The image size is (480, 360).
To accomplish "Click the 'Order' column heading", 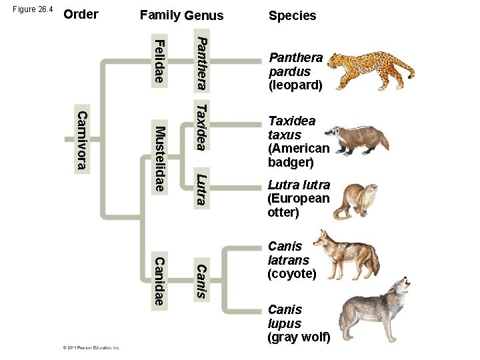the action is click(x=81, y=14).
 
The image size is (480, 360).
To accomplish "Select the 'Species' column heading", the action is click(x=292, y=15).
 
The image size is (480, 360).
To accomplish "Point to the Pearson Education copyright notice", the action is click(x=91, y=347).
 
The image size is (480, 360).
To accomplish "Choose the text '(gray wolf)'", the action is click(x=299, y=337).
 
